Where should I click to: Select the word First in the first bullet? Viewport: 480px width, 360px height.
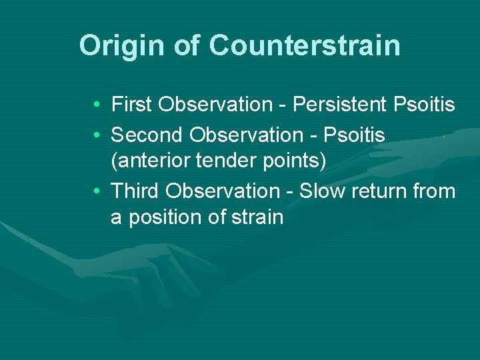coord(132,105)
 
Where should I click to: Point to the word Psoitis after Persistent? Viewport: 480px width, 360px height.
coord(425,105)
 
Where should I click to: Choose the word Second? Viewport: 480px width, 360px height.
coord(147,135)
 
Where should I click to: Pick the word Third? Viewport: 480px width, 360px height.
coord(135,191)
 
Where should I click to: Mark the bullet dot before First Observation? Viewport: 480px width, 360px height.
coord(97,105)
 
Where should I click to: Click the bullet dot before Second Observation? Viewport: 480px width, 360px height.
coord(97,136)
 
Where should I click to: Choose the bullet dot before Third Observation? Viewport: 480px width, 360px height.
coord(97,192)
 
